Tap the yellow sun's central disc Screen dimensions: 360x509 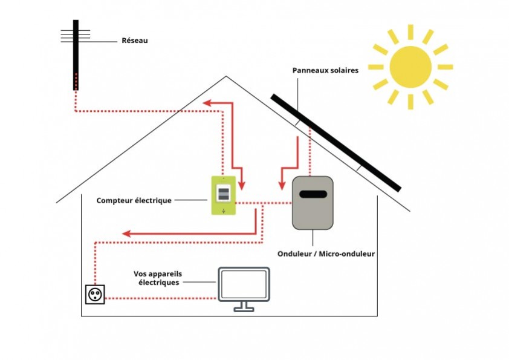[410, 66]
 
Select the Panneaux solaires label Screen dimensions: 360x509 [325, 70]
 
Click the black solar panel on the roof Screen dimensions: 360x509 [336, 142]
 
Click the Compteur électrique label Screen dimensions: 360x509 [134, 200]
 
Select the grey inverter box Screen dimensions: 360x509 [313, 203]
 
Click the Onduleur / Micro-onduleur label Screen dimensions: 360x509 [326, 254]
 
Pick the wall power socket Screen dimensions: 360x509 [95, 295]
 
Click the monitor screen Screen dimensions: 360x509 [244, 284]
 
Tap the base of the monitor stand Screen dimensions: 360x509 [244, 310]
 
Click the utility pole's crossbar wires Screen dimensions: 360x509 [76, 34]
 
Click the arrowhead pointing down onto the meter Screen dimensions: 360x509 [242, 183]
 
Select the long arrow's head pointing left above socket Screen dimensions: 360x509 [127, 233]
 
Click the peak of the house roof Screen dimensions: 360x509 [226, 77]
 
